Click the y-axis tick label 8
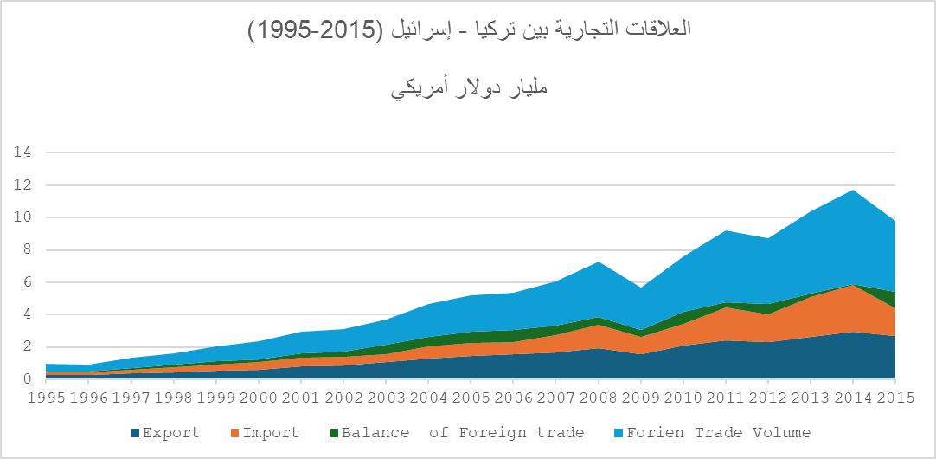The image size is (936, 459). click(x=28, y=249)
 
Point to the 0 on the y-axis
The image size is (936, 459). click(x=28, y=379)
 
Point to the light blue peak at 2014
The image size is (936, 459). click(x=853, y=191)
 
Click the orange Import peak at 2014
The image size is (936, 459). click(x=853, y=286)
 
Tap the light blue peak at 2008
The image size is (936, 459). click(x=599, y=263)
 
